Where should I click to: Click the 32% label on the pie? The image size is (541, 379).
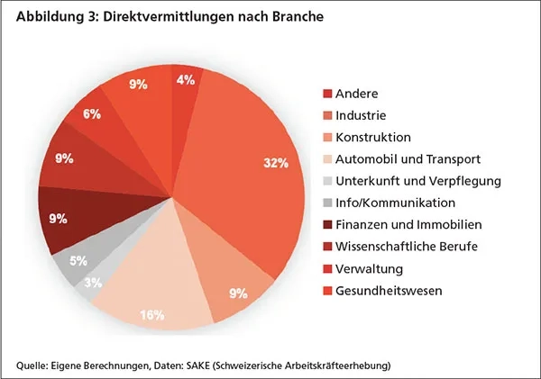(276, 163)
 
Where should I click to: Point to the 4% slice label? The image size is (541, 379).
(185, 79)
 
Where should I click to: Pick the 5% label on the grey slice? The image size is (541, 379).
(78, 262)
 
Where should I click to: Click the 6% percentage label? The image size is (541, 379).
(92, 114)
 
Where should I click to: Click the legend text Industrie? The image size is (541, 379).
(362, 115)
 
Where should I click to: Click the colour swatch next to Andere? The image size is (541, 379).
(327, 94)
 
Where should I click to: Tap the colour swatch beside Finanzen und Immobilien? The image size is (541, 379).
(327, 225)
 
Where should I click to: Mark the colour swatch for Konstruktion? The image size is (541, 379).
(327, 138)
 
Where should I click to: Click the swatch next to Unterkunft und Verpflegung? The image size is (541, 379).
(327, 181)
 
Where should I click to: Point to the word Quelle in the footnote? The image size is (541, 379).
(32, 365)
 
